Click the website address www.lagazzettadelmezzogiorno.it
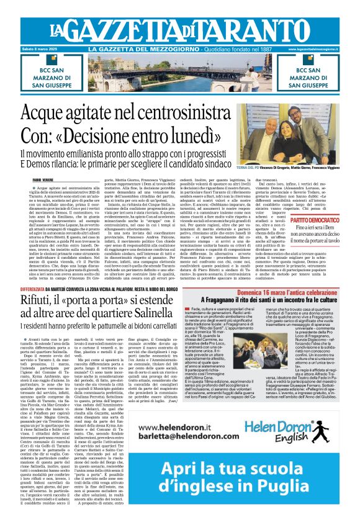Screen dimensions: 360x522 point(323,50)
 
